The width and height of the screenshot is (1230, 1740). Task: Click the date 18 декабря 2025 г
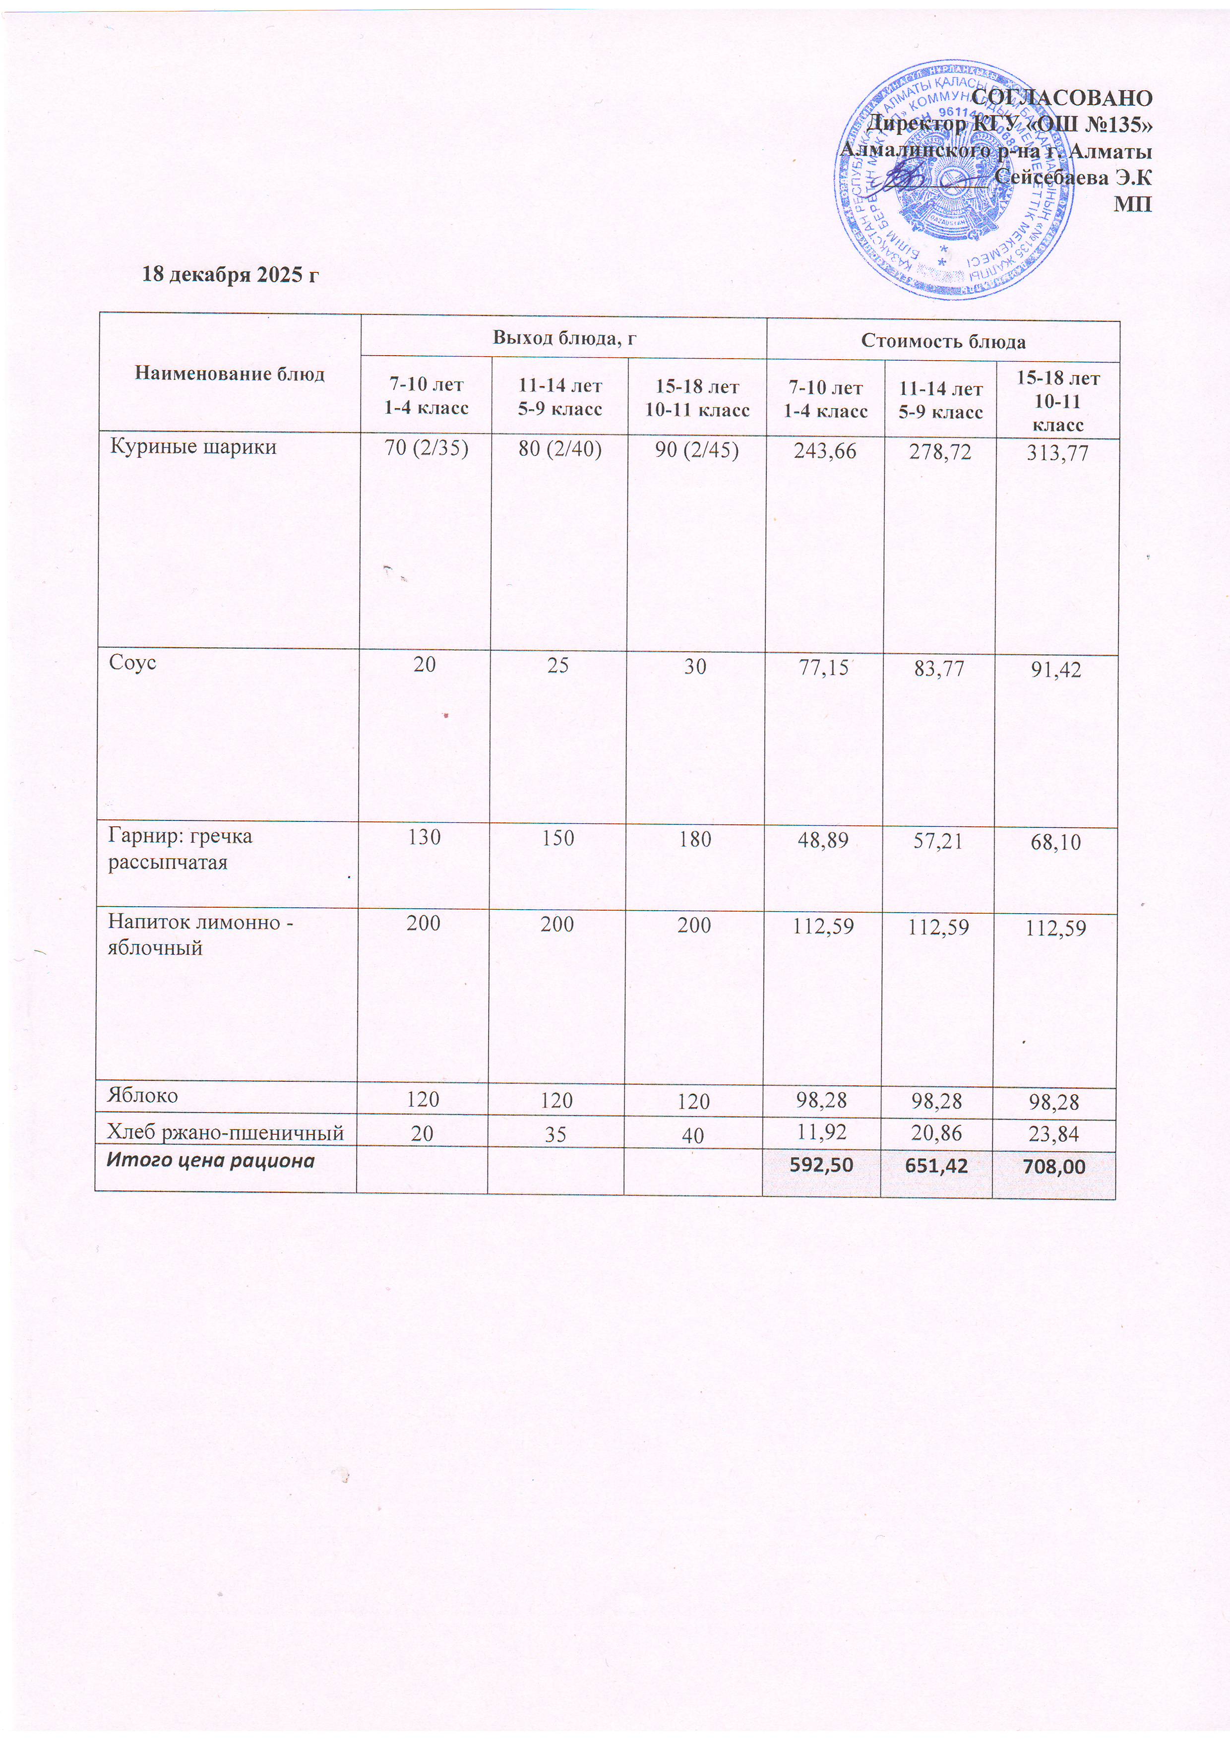pyautogui.click(x=231, y=274)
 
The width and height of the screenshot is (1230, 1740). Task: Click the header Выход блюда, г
pyautogui.click(x=564, y=338)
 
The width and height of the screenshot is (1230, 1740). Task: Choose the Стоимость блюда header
pyautogui.click(x=943, y=342)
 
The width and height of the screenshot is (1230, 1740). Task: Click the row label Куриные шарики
pyautogui.click(x=193, y=446)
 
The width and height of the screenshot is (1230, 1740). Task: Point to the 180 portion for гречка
pyautogui.click(x=695, y=839)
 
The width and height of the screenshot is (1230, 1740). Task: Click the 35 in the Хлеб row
pyautogui.click(x=556, y=1134)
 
